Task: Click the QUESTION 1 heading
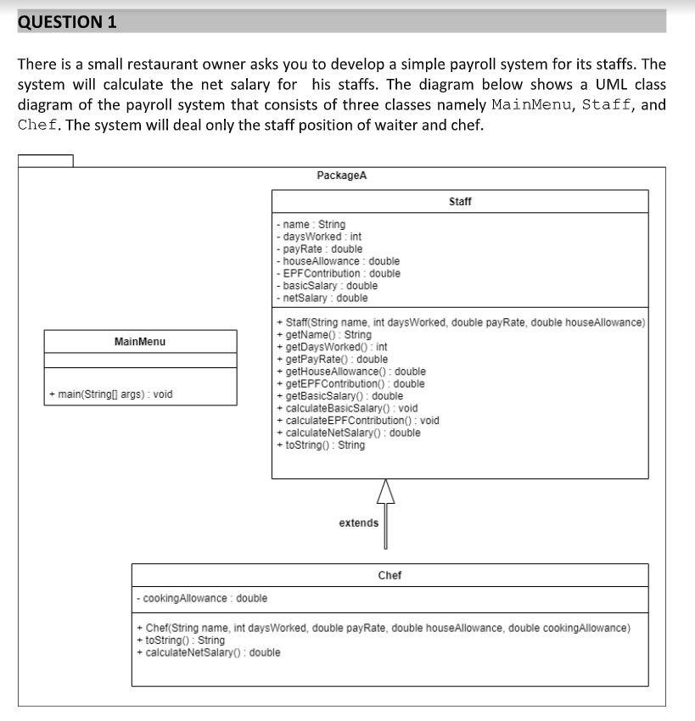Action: click(x=67, y=22)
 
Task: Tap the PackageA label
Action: click(x=341, y=176)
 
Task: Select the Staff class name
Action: click(x=459, y=202)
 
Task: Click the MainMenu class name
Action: click(x=140, y=342)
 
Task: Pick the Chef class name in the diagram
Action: click(x=390, y=575)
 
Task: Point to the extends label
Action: click(x=358, y=523)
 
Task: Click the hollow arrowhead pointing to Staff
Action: click(x=385, y=490)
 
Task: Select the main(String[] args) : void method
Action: click(x=111, y=394)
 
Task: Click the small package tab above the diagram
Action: click(x=45, y=160)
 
